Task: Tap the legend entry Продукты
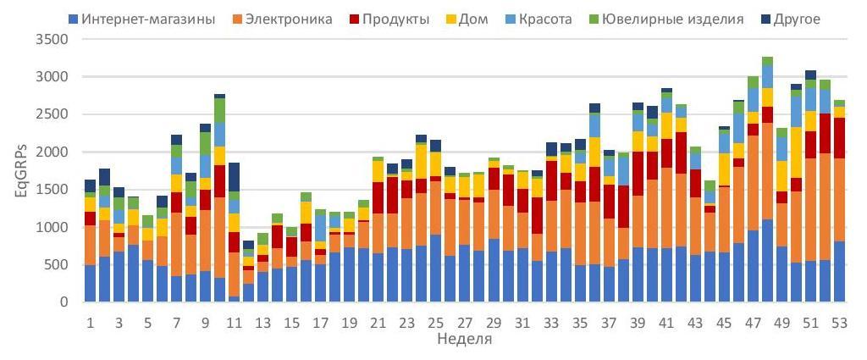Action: pyautogui.click(x=391, y=18)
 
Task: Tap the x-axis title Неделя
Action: pyautogui.click(x=461, y=341)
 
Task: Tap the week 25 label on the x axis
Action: pyautogui.click(x=435, y=323)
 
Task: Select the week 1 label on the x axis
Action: pyautogui.click(x=90, y=323)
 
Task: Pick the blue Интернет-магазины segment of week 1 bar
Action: pyautogui.click(x=90, y=283)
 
